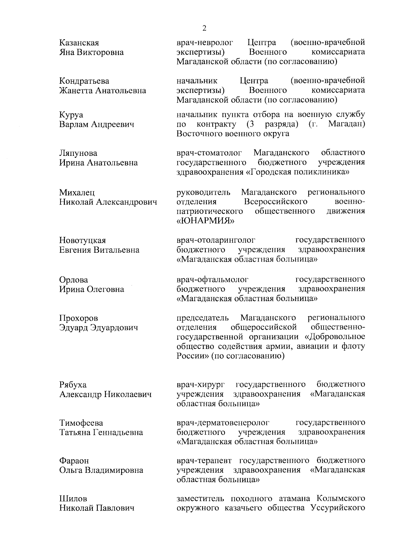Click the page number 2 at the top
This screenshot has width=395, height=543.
pos(204,28)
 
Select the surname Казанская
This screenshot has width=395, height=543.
pos(79,43)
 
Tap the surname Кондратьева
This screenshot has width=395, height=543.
pos(84,81)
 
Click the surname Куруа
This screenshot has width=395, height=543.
pos(71,115)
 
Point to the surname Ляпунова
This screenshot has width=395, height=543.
pos(78,153)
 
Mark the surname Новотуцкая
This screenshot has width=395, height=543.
pos(83,241)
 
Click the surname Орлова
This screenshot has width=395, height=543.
pos(73,280)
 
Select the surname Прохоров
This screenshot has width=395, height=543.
pos(78,318)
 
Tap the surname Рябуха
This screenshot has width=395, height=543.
pos(73,385)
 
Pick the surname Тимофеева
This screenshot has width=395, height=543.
pos(81,423)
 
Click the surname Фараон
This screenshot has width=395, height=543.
pos(74,461)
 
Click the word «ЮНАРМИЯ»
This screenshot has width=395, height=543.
pos(206,221)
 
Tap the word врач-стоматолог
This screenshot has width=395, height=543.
pos(209,153)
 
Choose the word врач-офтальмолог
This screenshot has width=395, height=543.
pos(212,280)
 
